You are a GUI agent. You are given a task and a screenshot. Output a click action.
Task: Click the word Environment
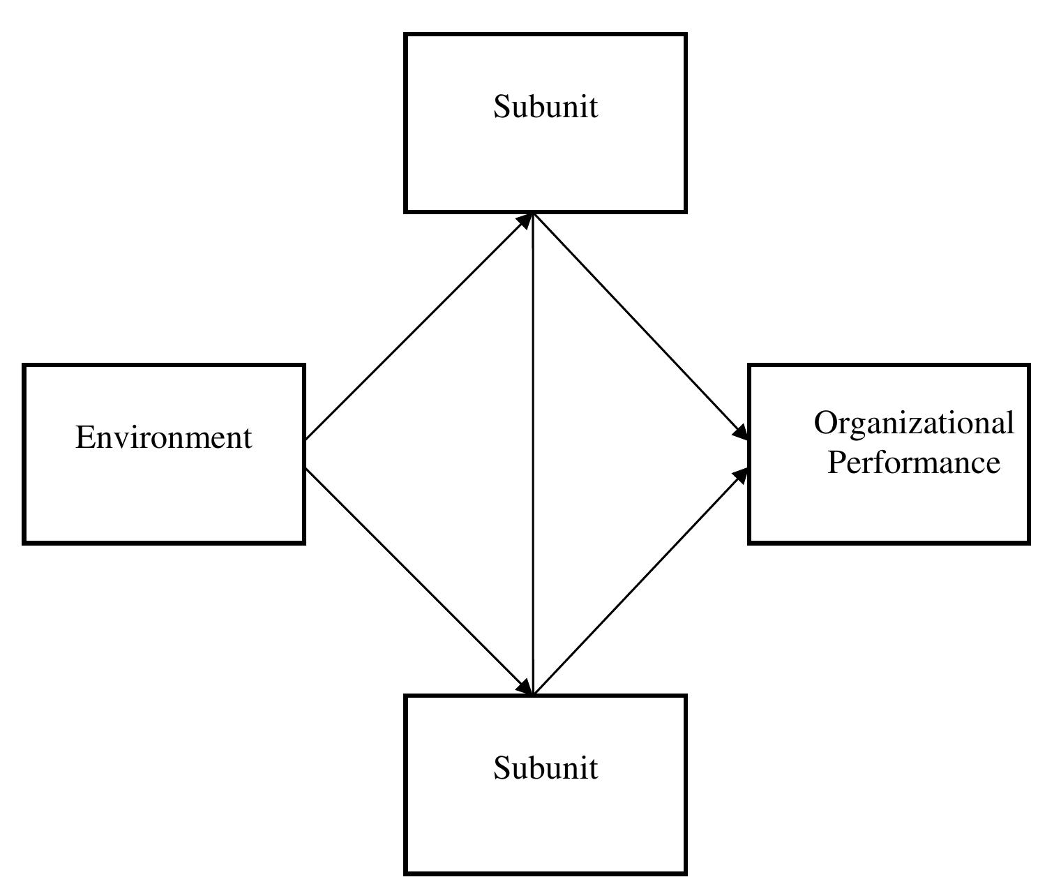(x=163, y=437)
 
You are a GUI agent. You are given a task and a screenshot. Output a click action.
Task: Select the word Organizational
(x=913, y=424)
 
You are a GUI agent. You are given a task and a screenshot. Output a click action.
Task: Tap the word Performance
(x=913, y=463)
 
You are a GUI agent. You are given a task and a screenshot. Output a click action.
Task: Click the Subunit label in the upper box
(x=546, y=107)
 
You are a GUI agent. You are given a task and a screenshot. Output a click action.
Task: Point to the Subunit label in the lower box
(x=546, y=767)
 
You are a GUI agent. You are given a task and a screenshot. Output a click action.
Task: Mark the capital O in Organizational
(x=825, y=423)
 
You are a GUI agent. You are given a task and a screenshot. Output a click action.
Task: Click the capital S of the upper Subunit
(x=502, y=107)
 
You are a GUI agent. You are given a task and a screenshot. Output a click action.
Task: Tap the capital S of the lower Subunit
(x=502, y=767)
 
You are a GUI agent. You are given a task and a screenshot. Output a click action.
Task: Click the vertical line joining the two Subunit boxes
(x=533, y=454)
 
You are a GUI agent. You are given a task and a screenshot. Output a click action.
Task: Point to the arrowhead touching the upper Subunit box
(x=525, y=220)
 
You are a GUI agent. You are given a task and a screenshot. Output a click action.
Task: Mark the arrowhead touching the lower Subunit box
(x=524, y=687)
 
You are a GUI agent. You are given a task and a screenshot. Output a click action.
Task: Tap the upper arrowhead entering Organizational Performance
(x=741, y=432)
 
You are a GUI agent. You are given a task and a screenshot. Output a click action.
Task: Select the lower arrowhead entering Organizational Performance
(x=741, y=476)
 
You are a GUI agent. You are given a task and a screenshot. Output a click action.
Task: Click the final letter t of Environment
(x=248, y=438)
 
